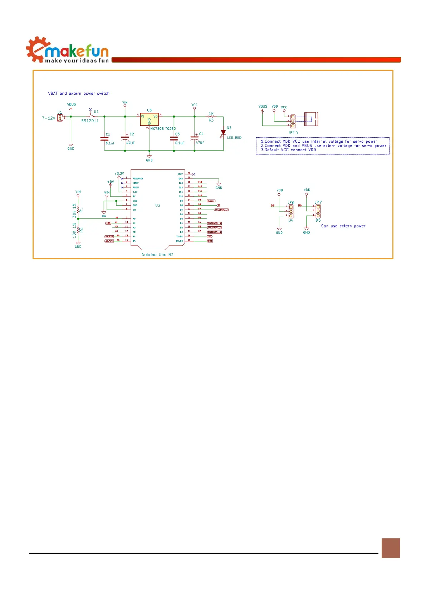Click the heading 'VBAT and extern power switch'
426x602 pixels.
point(79,94)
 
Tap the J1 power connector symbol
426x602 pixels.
point(60,118)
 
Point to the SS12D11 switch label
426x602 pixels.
point(90,121)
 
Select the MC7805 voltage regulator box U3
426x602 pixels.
point(149,119)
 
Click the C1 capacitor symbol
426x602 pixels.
point(104,139)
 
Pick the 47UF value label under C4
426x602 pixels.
point(200,143)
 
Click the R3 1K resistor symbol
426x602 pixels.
point(211,117)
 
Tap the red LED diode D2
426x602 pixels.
point(223,133)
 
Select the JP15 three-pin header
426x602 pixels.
point(293,121)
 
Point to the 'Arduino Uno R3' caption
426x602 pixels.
point(157,255)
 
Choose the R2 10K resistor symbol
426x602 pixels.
point(78,230)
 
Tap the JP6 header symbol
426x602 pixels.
point(291,211)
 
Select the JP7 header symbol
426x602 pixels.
point(318,211)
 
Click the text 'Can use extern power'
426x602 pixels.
point(343,226)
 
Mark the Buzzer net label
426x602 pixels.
point(211,201)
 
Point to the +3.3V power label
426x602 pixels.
point(119,174)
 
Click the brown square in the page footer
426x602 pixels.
point(391,548)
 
